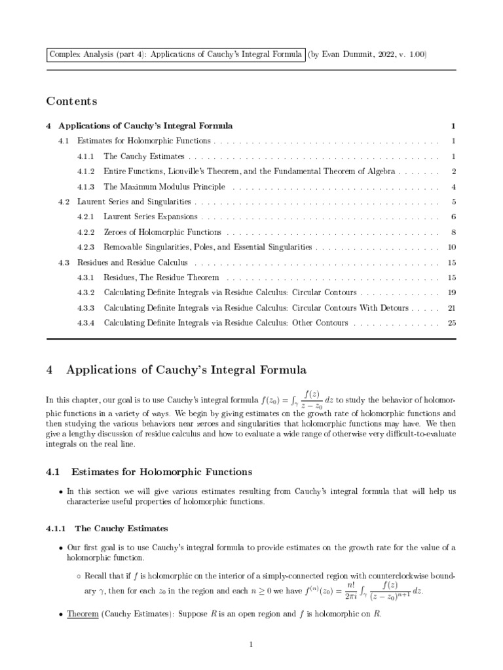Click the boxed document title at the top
176,54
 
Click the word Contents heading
71,101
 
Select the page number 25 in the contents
451,323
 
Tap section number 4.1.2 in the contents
86,171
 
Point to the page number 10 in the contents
451,247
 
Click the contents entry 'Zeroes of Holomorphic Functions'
162,232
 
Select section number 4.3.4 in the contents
86,323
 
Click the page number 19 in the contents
451,292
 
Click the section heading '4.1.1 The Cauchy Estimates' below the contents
107,528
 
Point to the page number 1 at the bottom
251,645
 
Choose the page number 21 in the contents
451,308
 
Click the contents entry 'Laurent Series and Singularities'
134,202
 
